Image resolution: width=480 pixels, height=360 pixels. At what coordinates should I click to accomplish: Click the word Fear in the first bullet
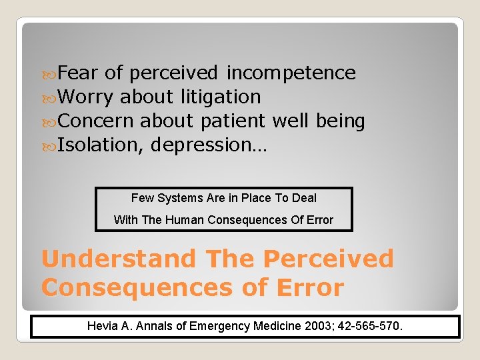tap(78, 73)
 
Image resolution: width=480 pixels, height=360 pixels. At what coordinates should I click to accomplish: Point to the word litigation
tap(220, 97)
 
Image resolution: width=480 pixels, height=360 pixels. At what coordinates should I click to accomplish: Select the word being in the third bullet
tap(340, 121)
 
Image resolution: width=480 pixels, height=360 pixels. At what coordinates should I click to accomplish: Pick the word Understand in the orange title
tap(119, 259)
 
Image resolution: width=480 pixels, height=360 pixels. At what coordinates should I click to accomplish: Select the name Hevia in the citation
tap(102, 327)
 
